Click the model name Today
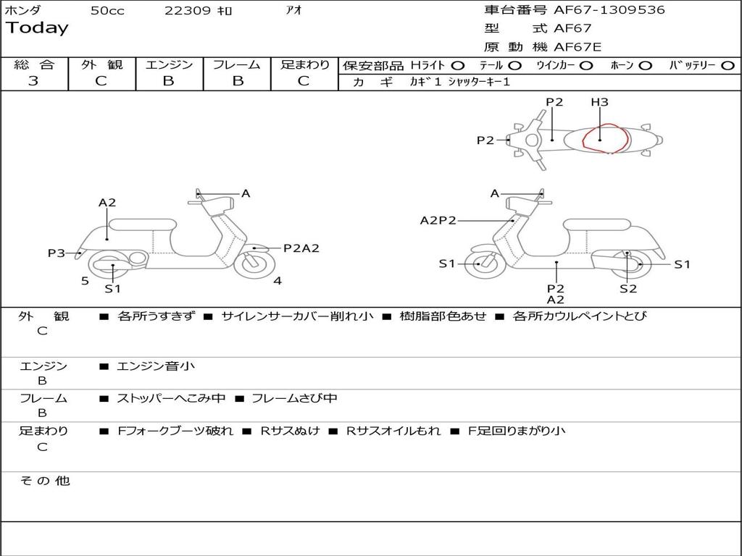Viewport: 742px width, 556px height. click(x=36, y=28)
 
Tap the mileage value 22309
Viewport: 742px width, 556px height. click(x=188, y=11)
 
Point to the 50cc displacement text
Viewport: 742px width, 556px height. click(x=107, y=11)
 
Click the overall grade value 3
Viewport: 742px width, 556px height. click(x=33, y=81)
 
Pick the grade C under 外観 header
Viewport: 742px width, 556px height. click(x=101, y=81)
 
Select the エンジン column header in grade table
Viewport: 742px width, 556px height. click(x=169, y=65)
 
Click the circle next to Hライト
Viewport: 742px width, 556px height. click(x=458, y=66)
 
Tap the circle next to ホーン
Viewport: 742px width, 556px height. click(x=645, y=66)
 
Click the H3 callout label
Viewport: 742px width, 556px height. click(x=599, y=102)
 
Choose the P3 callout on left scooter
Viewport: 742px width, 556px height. click(x=57, y=253)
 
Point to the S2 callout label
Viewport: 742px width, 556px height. click(x=628, y=289)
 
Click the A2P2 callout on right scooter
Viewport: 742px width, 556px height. click(x=438, y=220)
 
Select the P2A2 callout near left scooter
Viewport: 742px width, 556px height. click(x=301, y=248)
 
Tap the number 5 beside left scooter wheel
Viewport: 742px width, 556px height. click(x=85, y=281)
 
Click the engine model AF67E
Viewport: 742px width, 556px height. click(x=578, y=47)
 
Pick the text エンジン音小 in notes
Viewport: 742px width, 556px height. click(x=156, y=366)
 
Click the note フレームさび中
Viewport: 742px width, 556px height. click(x=294, y=398)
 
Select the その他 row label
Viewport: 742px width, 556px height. click(x=45, y=481)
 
